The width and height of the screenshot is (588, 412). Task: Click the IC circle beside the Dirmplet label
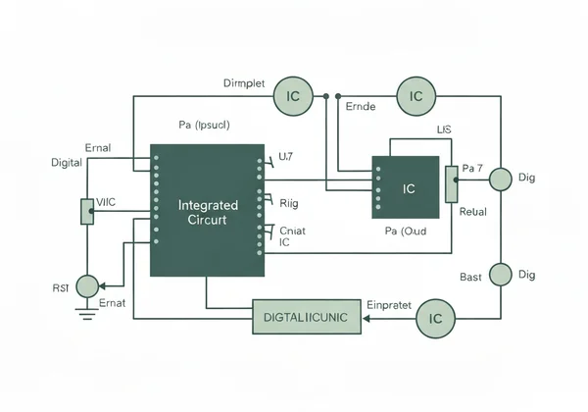[292, 96]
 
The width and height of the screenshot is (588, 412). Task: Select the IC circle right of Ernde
[416, 96]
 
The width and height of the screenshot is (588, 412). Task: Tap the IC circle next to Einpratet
[436, 319]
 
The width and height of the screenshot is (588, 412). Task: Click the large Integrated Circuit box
[206, 210]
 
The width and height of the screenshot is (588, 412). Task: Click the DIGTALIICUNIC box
[308, 317]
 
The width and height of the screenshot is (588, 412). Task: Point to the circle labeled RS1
[87, 286]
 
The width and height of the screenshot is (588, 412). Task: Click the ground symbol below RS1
[87, 314]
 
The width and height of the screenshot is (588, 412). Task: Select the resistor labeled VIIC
[87, 211]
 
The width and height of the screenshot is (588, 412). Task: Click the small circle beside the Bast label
[501, 274]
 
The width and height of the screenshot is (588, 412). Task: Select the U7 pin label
[286, 156]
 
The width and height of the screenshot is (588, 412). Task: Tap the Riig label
[289, 204]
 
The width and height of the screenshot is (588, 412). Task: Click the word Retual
[472, 211]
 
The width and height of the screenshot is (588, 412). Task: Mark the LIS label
[445, 129]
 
